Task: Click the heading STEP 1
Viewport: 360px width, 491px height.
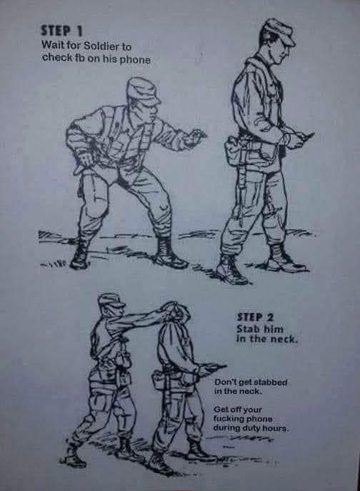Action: click(61, 31)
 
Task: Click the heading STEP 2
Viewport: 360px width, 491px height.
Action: click(255, 317)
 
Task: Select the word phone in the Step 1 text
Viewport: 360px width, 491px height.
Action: click(135, 59)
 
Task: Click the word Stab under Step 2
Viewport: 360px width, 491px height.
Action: click(248, 329)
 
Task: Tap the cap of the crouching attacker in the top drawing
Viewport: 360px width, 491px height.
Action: click(143, 91)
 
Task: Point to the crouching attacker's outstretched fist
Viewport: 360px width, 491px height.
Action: click(195, 137)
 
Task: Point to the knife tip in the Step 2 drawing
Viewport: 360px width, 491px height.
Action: click(226, 365)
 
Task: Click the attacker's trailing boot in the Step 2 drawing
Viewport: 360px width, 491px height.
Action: click(71, 455)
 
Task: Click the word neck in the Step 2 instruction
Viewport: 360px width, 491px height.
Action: click(284, 339)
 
